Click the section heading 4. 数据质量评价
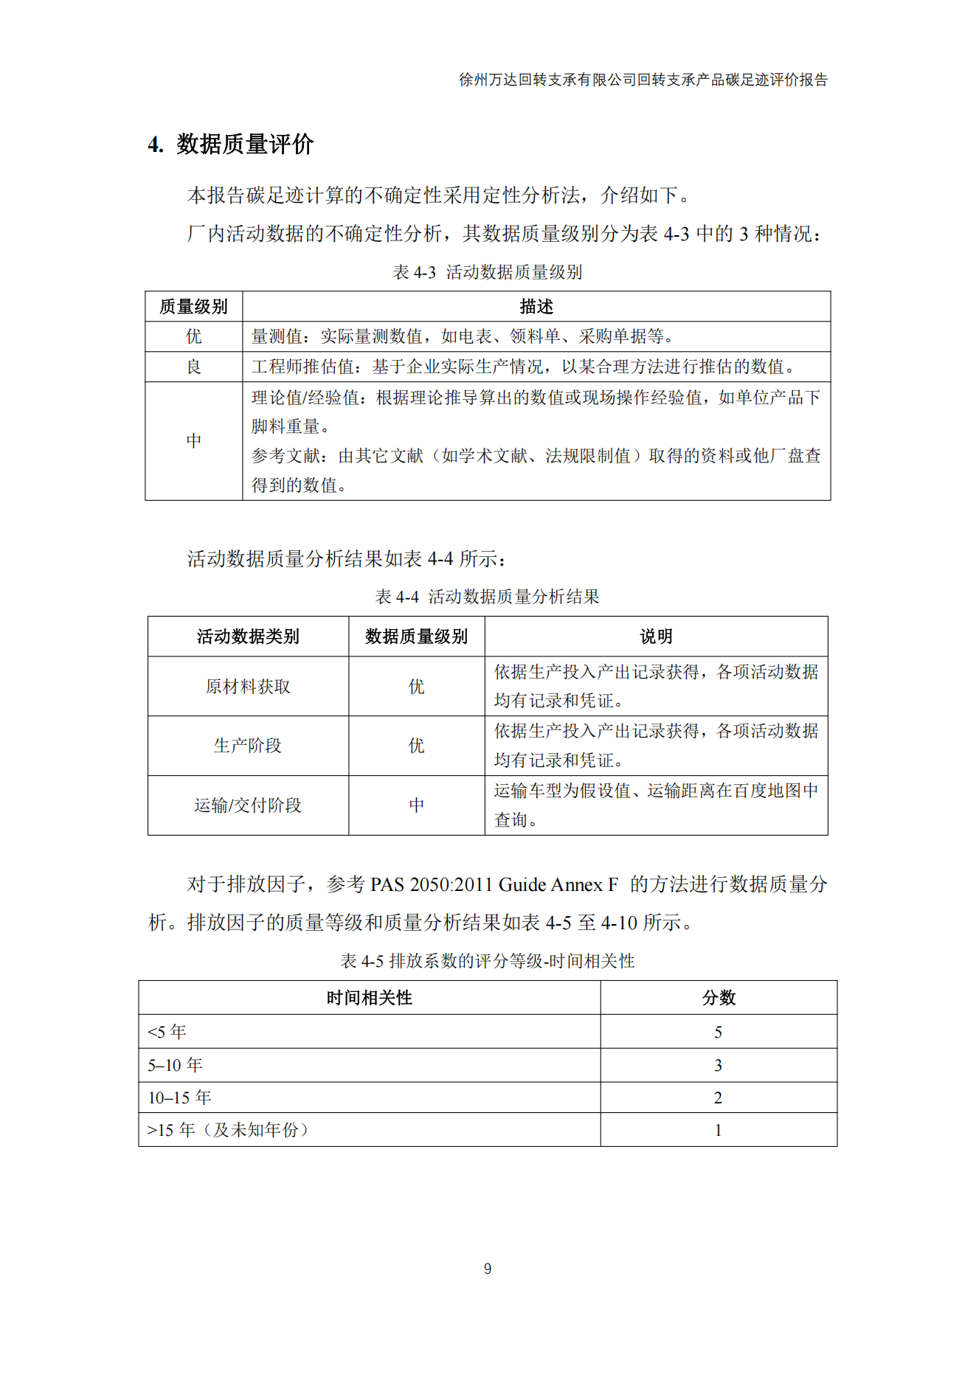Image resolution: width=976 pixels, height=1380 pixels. click(231, 145)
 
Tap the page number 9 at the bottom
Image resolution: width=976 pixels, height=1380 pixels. click(488, 1269)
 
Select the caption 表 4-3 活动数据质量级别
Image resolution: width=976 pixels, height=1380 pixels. click(488, 272)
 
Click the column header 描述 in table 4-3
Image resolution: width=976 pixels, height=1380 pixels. click(536, 307)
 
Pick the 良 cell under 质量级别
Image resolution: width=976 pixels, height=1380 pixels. click(194, 367)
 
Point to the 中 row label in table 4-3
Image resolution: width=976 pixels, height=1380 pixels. click(194, 441)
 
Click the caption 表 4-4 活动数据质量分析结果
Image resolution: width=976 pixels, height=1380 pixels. click(488, 597)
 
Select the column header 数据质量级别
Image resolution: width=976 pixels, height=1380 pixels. click(417, 637)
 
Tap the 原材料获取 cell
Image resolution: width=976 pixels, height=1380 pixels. click(248, 687)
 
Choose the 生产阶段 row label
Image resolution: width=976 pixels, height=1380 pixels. click(248, 746)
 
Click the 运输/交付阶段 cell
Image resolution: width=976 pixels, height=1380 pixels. click(248, 805)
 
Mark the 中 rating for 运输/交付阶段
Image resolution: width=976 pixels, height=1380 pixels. click(417, 805)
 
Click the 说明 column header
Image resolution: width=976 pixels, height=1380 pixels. click(656, 637)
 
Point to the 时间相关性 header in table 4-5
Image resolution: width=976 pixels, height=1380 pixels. click(370, 998)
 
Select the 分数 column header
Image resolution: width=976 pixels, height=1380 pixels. click(719, 998)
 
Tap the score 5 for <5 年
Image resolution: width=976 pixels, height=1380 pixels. click(719, 1033)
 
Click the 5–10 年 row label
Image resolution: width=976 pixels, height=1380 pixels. click(176, 1065)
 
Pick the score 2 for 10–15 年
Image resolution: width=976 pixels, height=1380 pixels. click(719, 1098)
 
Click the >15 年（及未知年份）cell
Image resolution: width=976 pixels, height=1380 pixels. click(228, 1130)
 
